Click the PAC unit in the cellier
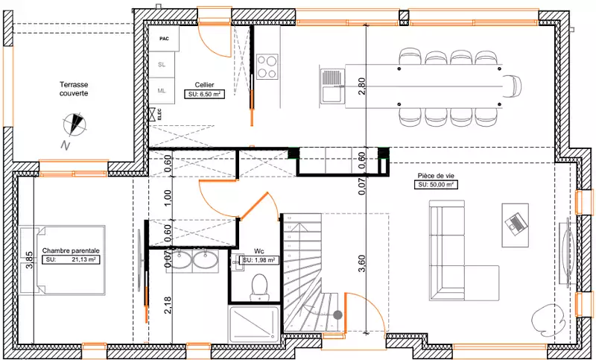pyautogui.click(x=164, y=39)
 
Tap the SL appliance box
pyautogui.click(x=162, y=65)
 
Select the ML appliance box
pyautogui.click(x=162, y=91)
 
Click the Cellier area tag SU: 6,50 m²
pyautogui.click(x=204, y=94)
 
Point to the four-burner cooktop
pyautogui.click(x=267, y=66)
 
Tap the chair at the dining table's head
pyautogui.click(x=513, y=85)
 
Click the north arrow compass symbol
pyautogui.click(x=75, y=124)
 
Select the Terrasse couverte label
pyautogui.click(x=74, y=89)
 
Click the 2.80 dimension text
pyautogui.click(x=361, y=86)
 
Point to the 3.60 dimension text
pyautogui.click(x=361, y=263)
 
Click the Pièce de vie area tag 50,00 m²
pyautogui.click(x=436, y=185)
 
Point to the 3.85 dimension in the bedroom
pyautogui.click(x=29, y=260)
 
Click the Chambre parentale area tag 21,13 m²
pyautogui.click(x=71, y=259)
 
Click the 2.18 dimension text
pyautogui.click(x=168, y=306)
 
